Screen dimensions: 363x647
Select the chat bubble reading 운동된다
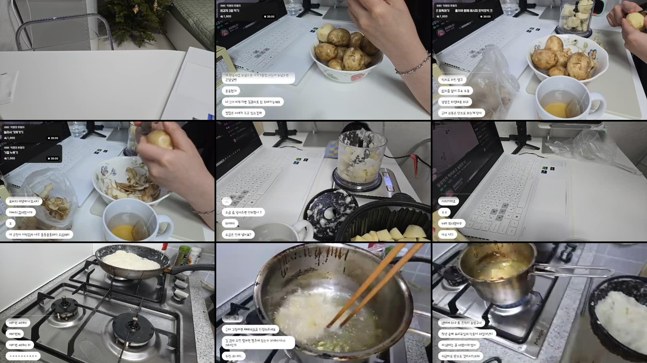[231, 91]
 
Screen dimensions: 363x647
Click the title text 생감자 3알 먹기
[230, 11]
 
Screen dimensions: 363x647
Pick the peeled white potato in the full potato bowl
[325, 32]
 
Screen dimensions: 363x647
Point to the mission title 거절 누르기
[11, 153]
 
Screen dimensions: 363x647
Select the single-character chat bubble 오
[10, 224]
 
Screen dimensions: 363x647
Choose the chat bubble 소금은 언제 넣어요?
[238, 235]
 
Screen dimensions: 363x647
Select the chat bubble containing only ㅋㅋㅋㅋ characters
[23, 356]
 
